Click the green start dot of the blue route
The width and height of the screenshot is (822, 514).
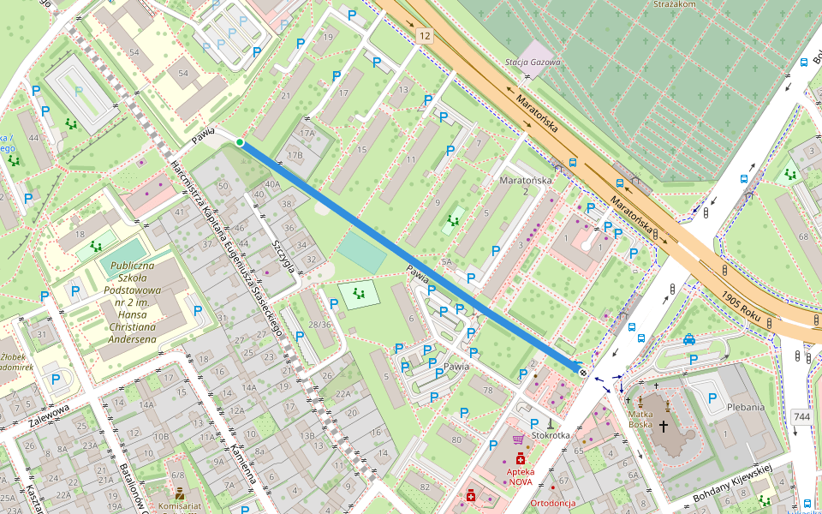(240, 142)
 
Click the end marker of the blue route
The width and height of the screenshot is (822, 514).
(582, 372)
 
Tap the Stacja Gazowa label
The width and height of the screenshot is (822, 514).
(533, 62)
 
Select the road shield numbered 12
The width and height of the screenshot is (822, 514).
(426, 36)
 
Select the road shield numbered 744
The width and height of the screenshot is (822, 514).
(801, 416)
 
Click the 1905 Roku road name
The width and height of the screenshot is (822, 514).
(742, 303)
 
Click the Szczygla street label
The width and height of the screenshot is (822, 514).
(283, 255)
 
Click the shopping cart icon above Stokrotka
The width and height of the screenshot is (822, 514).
(518, 439)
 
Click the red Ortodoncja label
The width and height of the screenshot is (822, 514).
(552, 503)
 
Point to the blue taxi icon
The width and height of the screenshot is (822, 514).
(689, 339)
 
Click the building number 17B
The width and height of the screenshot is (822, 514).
(295, 155)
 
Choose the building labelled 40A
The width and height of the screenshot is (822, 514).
(272, 184)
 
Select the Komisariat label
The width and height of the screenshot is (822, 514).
(180, 506)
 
